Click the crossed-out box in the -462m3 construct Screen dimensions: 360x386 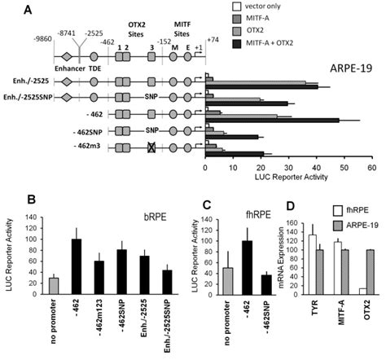tap(151, 147)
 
